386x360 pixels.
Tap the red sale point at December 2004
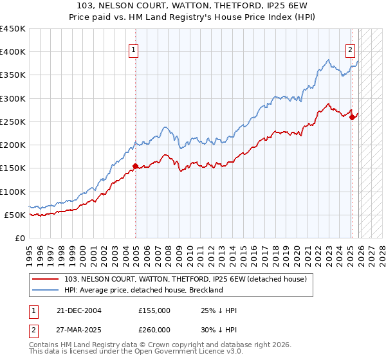point(135,166)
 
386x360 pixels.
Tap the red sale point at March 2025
point(352,117)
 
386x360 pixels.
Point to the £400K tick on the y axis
point(13,52)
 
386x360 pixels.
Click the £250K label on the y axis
point(13,122)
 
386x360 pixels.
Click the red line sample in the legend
point(46,279)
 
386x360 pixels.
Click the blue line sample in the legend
point(46,290)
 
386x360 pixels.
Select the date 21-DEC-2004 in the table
point(78,310)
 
